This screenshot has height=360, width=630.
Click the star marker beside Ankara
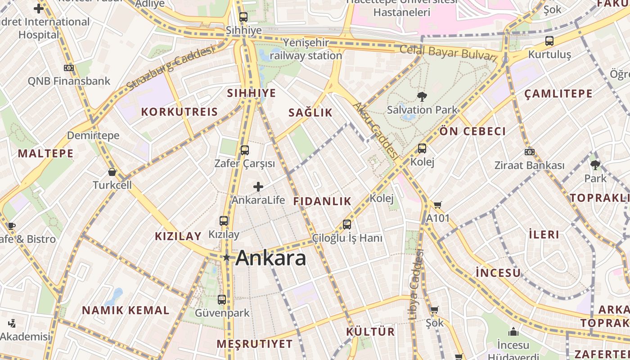click(227, 258)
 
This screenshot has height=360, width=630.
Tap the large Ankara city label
click(271, 258)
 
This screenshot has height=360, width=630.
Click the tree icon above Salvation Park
click(422, 96)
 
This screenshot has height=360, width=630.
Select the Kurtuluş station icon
click(549, 41)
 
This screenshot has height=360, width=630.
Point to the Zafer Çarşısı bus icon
click(244, 150)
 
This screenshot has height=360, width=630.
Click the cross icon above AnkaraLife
click(258, 186)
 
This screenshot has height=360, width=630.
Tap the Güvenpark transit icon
click(222, 300)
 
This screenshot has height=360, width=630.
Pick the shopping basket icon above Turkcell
click(112, 172)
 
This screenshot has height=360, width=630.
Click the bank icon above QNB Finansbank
click(69, 68)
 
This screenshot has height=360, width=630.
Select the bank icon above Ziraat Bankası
click(530, 152)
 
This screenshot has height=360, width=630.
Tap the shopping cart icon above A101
click(437, 205)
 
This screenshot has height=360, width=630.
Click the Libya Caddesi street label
click(416, 284)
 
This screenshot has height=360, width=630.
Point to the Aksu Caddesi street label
click(376, 130)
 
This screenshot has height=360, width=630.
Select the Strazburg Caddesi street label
click(170, 68)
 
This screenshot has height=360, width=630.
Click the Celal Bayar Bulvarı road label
click(448, 53)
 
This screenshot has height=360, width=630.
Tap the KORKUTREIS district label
click(180, 112)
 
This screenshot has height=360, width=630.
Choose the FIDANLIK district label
click(322, 201)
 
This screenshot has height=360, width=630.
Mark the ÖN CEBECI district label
click(472, 131)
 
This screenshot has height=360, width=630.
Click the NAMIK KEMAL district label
click(126, 310)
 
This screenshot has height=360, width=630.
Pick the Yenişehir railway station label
click(306, 49)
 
